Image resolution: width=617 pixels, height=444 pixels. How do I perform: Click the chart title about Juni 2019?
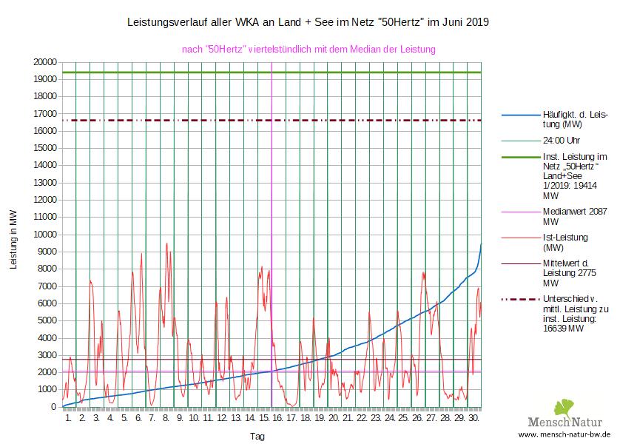click(308, 23)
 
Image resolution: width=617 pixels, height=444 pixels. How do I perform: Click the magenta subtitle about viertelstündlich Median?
click(308, 50)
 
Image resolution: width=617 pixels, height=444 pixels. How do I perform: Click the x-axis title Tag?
click(257, 437)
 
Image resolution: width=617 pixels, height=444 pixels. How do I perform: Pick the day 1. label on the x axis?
click(69, 418)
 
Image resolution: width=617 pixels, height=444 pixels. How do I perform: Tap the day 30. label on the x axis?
click(474, 418)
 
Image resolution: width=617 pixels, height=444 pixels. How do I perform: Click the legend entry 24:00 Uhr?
click(560, 140)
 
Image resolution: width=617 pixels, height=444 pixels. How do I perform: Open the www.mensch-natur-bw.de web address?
click(564, 434)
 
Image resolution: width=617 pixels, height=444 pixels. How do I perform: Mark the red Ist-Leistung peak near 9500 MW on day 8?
click(166, 243)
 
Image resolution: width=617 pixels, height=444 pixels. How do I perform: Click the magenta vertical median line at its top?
click(272, 65)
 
